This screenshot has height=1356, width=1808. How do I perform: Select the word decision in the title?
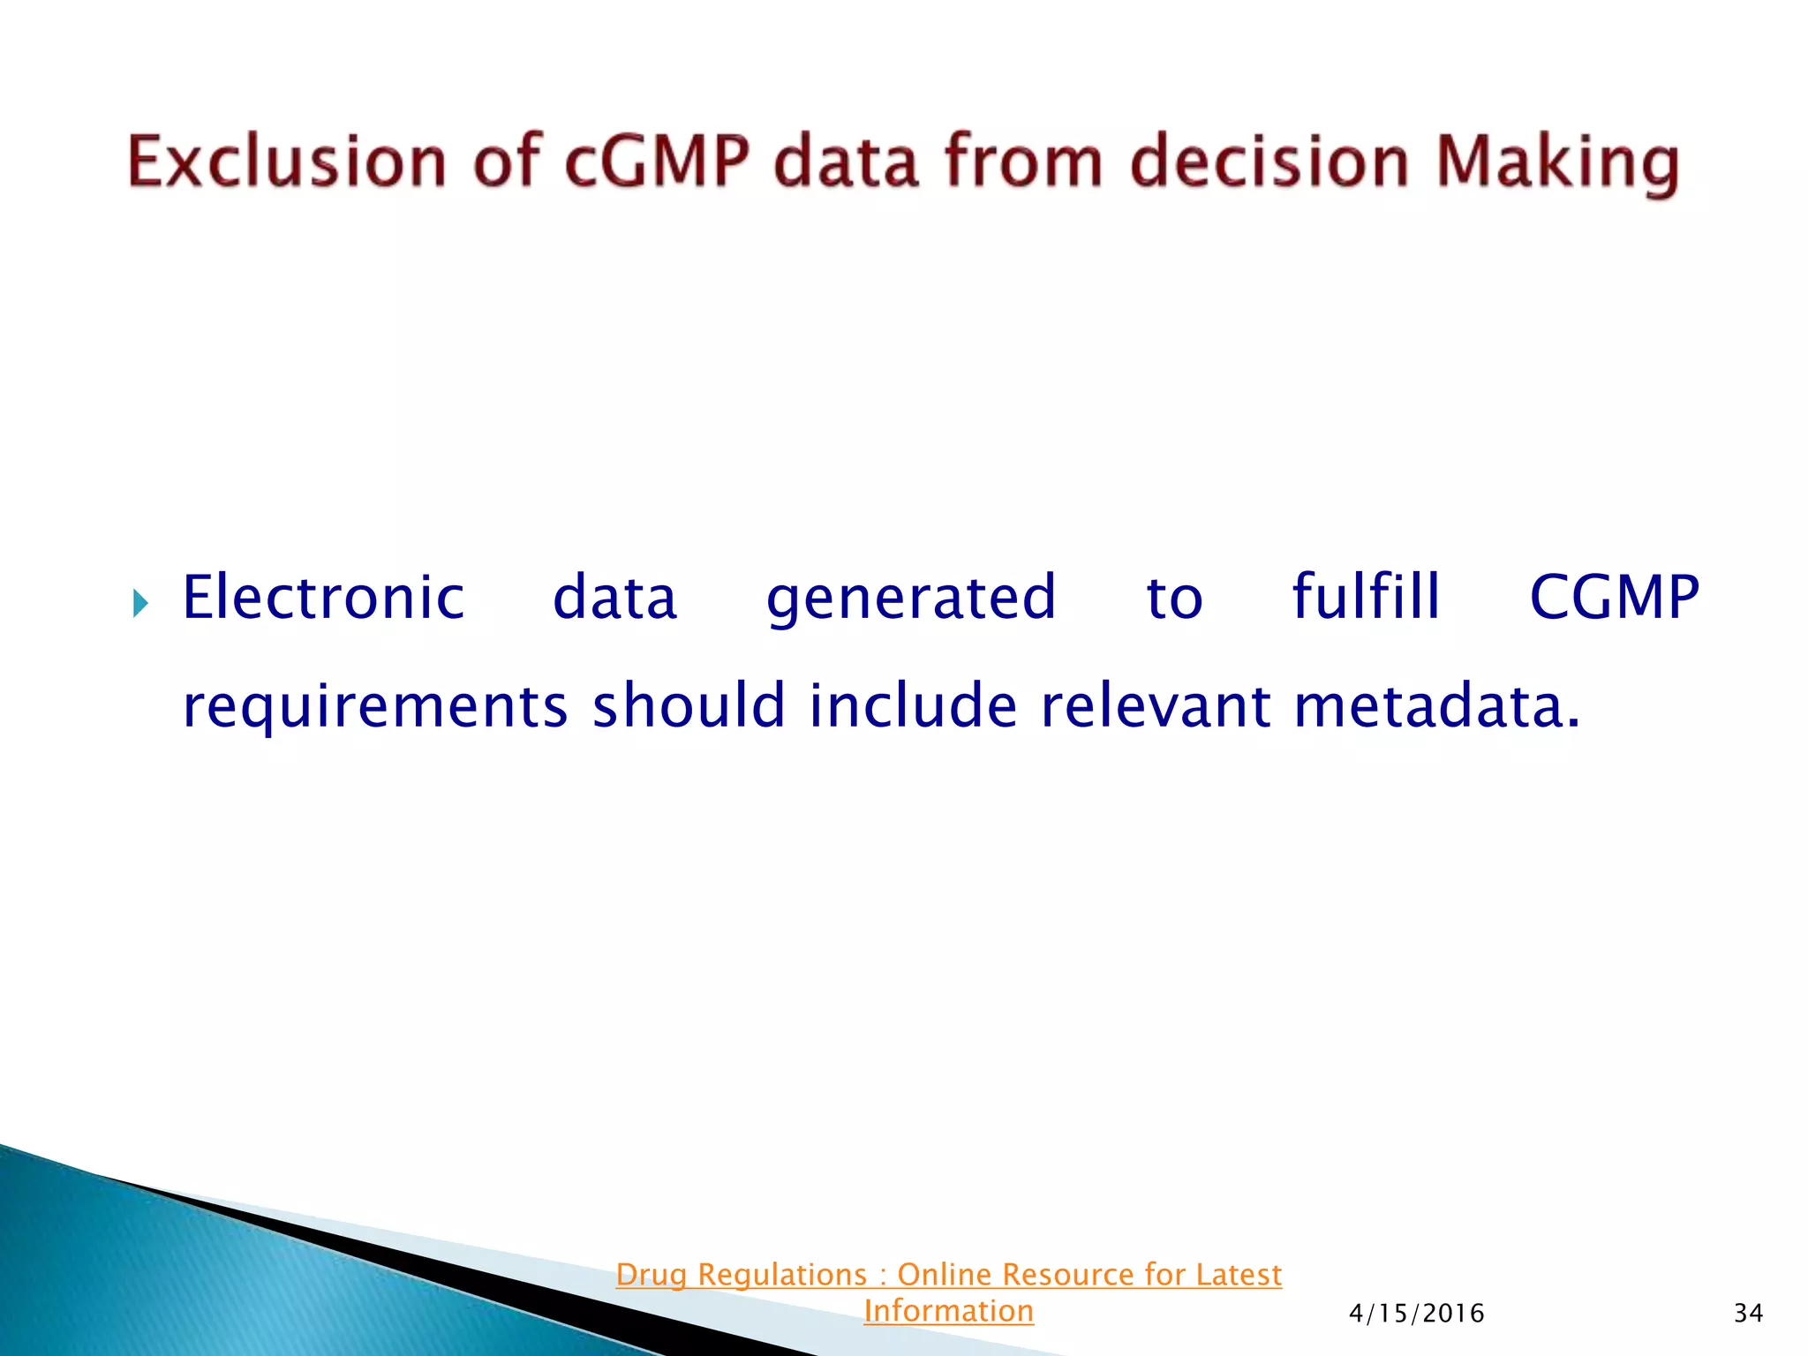point(1269,162)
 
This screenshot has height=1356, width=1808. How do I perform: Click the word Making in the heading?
point(1558,163)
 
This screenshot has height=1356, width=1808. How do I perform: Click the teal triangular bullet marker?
point(140,605)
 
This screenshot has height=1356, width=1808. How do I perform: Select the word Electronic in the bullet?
point(323,598)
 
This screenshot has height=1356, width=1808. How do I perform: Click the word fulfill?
point(1366,597)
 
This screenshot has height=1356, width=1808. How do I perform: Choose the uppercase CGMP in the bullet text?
point(1615,598)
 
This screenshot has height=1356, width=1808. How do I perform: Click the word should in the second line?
point(688,705)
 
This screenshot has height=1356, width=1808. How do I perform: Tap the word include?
point(913,705)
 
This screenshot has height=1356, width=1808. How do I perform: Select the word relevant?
point(1156,705)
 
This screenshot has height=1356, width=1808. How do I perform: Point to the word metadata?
point(1435,705)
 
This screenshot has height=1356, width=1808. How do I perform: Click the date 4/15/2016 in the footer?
point(1416,1314)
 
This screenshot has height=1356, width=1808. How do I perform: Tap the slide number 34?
point(1748,1314)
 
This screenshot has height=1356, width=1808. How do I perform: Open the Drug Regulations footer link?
point(948,1275)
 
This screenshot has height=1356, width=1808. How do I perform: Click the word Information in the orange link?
point(948,1311)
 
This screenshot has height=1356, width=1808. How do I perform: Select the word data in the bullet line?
point(614,598)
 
